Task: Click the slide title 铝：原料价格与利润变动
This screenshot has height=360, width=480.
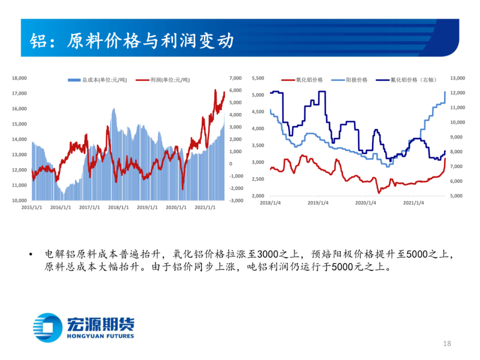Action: (132, 41)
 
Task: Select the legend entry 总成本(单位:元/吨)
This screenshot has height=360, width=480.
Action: (97, 80)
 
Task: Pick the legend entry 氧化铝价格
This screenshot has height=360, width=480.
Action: (302, 80)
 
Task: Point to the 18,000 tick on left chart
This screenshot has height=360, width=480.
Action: (19, 78)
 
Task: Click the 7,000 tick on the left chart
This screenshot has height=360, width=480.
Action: (236, 78)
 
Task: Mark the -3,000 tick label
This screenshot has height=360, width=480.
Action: (235, 200)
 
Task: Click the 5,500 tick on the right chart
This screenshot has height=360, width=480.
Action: (258, 78)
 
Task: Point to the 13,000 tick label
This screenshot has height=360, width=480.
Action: (457, 78)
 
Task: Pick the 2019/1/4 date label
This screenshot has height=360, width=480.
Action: (318, 203)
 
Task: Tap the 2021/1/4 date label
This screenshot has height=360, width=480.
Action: (413, 203)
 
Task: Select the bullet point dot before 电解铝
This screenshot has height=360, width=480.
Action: (30, 255)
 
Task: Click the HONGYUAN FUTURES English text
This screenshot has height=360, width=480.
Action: (100, 336)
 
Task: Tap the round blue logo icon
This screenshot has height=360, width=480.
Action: (48, 328)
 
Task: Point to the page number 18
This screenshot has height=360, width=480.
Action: (447, 344)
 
